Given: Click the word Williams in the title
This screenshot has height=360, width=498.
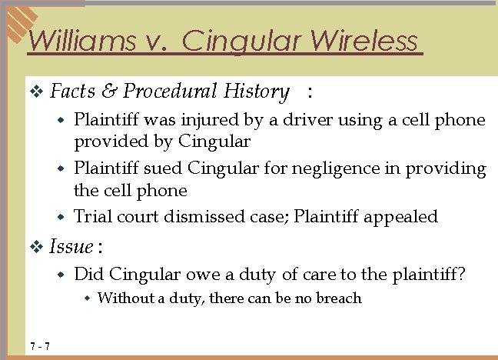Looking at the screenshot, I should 75,40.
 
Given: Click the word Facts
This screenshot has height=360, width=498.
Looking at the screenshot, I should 72,92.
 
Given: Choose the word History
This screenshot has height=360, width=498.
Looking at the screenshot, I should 256,92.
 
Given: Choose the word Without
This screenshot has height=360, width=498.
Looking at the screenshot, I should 125,298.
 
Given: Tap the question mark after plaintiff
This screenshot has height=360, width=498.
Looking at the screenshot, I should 461,274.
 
